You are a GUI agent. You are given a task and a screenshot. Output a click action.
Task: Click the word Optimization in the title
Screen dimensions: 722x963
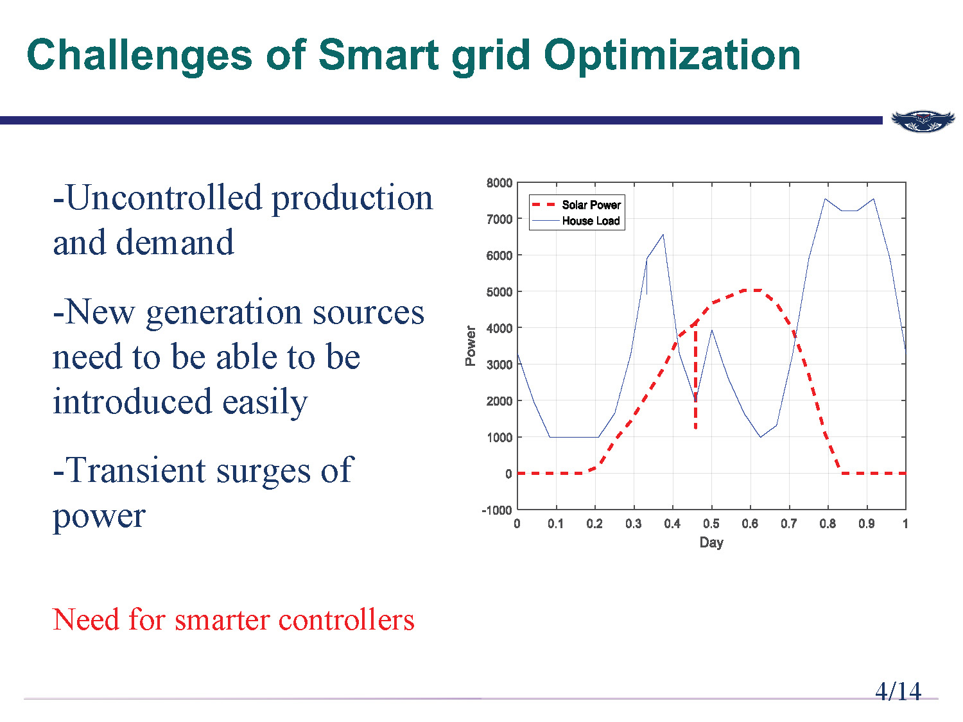(x=672, y=56)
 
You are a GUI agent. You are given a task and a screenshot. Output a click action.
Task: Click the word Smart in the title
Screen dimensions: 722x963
(x=378, y=55)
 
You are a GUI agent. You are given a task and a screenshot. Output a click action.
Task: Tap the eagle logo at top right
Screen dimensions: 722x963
(x=923, y=120)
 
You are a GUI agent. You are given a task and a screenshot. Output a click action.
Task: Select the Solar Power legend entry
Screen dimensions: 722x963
(x=591, y=205)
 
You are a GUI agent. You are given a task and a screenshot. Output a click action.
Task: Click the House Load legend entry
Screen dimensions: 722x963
(x=591, y=221)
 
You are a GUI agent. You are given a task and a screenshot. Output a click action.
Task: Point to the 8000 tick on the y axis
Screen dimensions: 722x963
(x=499, y=183)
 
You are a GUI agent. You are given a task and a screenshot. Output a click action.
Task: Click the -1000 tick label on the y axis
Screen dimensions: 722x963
(x=498, y=510)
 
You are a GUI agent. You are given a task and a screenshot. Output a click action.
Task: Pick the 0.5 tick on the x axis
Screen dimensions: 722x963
(x=711, y=524)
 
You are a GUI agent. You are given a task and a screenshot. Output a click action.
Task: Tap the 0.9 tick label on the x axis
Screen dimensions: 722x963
(x=866, y=524)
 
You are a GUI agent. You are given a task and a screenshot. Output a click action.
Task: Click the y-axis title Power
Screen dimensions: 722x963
(x=471, y=345)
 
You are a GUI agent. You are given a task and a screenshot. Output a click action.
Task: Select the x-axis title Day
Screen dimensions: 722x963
(x=711, y=543)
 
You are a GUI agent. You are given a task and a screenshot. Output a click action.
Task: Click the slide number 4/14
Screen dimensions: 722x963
(x=898, y=692)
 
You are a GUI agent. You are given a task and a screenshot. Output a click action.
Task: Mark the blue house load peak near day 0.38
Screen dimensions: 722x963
(x=663, y=235)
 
